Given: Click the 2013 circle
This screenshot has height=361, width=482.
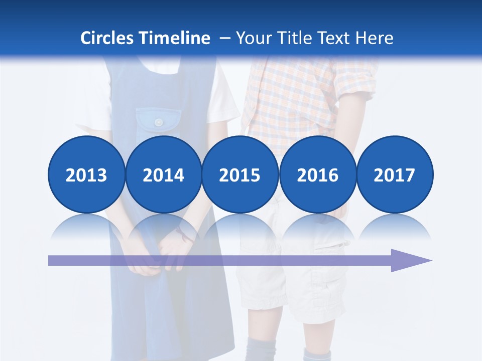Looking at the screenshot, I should point(86,175).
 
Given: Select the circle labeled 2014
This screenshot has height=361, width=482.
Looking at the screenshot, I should point(163,175).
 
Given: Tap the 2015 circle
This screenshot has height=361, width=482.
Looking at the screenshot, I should point(240,175).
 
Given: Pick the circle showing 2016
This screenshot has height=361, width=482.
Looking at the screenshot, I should point(317,175).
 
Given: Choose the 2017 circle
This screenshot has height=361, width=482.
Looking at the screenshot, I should point(394,175).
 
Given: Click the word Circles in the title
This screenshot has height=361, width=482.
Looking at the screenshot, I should point(107,38).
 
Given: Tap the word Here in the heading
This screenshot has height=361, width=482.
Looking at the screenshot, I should point(374,38).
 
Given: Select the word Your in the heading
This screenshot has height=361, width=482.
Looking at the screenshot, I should point(252,38).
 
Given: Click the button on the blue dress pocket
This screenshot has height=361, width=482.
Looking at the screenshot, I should point(159,122).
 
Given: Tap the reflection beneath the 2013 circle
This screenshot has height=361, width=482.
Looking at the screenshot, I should point(86,228).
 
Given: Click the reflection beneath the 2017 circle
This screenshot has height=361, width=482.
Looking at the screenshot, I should point(394,228).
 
